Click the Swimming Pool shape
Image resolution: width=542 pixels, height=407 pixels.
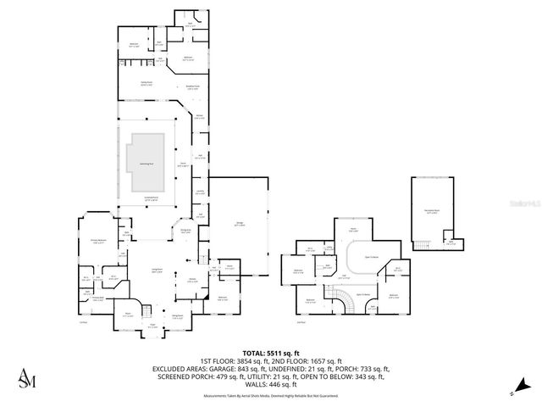[x=146, y=162]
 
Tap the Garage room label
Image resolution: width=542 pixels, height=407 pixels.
[x=240, y=224]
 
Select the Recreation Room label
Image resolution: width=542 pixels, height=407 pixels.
[x=432, y=213]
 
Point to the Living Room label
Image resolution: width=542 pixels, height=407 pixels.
[x=157, y=270]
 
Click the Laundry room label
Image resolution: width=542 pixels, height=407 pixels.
[x=200, y=192]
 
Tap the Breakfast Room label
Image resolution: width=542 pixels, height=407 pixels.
[x=193, y=86]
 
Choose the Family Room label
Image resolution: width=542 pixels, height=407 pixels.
[x=147, y=84]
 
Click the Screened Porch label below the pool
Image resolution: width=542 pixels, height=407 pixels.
[x=152, y=198]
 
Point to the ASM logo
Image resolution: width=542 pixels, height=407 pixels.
[x=28, y=377]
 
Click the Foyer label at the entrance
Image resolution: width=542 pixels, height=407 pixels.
[x=153, y=324]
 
